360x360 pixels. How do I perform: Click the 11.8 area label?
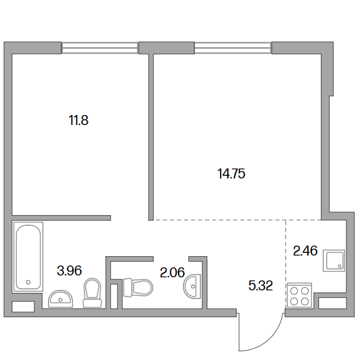pyautogui.click(x=78, y=120)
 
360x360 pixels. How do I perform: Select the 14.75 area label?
pyautogui.click(x=231, y=173)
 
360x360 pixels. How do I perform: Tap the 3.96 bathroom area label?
pyautogui.click(x=69, y=270)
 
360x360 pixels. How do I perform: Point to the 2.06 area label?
pyautogui.click(x=172, y=272)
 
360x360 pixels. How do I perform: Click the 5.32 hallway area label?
pyautogui.click(x=261, y=285)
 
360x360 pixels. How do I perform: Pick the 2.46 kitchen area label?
pyautogui.click(x=305, y=251)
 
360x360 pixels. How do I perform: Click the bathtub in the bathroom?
pyautogui.click(x=28, y=257)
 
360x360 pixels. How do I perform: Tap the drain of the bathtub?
pyautogui.click(x=28, y=282)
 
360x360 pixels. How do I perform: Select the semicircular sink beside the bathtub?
pyautogui.click(x=60, y=298)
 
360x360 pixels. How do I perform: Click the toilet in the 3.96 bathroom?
pyautogui.click(x=92, y=293)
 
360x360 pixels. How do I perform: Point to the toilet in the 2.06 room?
pyautogui.click(x=138, y=287)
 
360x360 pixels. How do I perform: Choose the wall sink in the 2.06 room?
pyautogui.click(x=192, y=287)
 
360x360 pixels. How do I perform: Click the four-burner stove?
pyautogui.click(x=300, y=295)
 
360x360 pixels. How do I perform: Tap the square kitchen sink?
pyautogui.click(x=334, y=261)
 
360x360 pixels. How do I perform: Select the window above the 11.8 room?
pyautogui.click(x=100, y=48)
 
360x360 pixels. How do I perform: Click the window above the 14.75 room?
pyautogui.click(x=233, y=48)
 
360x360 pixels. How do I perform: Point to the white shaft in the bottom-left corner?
pyautogui.click(x=23, y=307)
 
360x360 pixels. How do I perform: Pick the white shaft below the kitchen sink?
pyautogui.click(x=333, y=303)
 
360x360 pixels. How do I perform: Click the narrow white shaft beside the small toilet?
pyautogui.click(x=114, y=296)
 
